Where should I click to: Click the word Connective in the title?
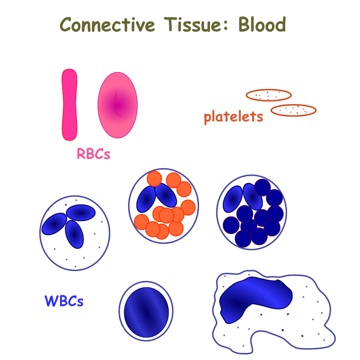pos(108,24)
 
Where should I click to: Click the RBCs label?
pos(94,154)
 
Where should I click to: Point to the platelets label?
pos(234,117)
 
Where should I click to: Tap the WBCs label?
pos(64,301)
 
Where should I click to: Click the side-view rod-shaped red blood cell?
pos(69,105)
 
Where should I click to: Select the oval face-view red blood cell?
pos(118,105)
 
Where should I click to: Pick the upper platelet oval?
pos(269,95)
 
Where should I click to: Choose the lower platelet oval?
pos(294,110)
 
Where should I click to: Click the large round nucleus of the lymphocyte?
pos(146,312)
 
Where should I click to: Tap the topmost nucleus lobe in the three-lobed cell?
pos(81,213)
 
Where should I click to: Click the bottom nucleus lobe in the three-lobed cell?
pos(74,234)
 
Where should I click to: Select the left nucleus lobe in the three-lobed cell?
pos(54,224)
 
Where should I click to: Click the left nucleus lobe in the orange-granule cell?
pos(146,199)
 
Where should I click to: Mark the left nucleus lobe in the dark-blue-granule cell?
pos(233,199)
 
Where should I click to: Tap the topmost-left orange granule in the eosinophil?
pos(154,179)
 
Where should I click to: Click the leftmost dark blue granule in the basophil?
pos(231,225)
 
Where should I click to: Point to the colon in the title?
pos(226,25)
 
